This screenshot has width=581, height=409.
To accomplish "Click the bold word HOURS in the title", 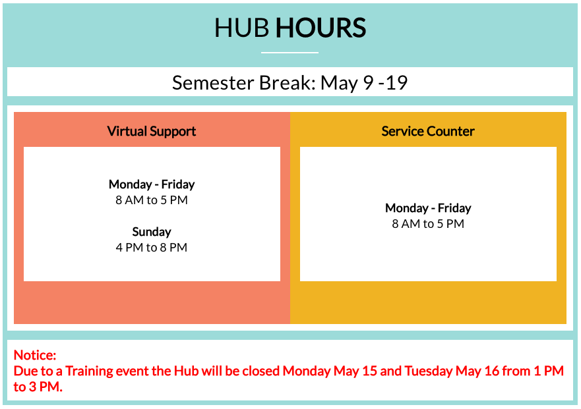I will coord(321,28).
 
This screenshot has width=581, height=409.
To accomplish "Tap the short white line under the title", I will coord(290,52).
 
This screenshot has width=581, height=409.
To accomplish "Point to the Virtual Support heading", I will coord(152,131).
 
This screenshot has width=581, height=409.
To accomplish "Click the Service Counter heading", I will coord(428,131).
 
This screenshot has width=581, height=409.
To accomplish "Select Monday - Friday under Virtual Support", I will coord(152,184).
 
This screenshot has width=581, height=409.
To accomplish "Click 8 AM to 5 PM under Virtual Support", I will coord(152,200).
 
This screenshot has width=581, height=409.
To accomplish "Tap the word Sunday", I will coord(152,232).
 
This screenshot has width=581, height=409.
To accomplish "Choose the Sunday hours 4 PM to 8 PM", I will coord(152,248).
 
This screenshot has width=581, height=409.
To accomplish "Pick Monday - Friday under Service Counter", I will coord(428,208).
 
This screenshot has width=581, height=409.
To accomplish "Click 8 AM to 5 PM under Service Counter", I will coord(428,224).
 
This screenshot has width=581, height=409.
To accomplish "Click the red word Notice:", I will coord(35,355).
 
